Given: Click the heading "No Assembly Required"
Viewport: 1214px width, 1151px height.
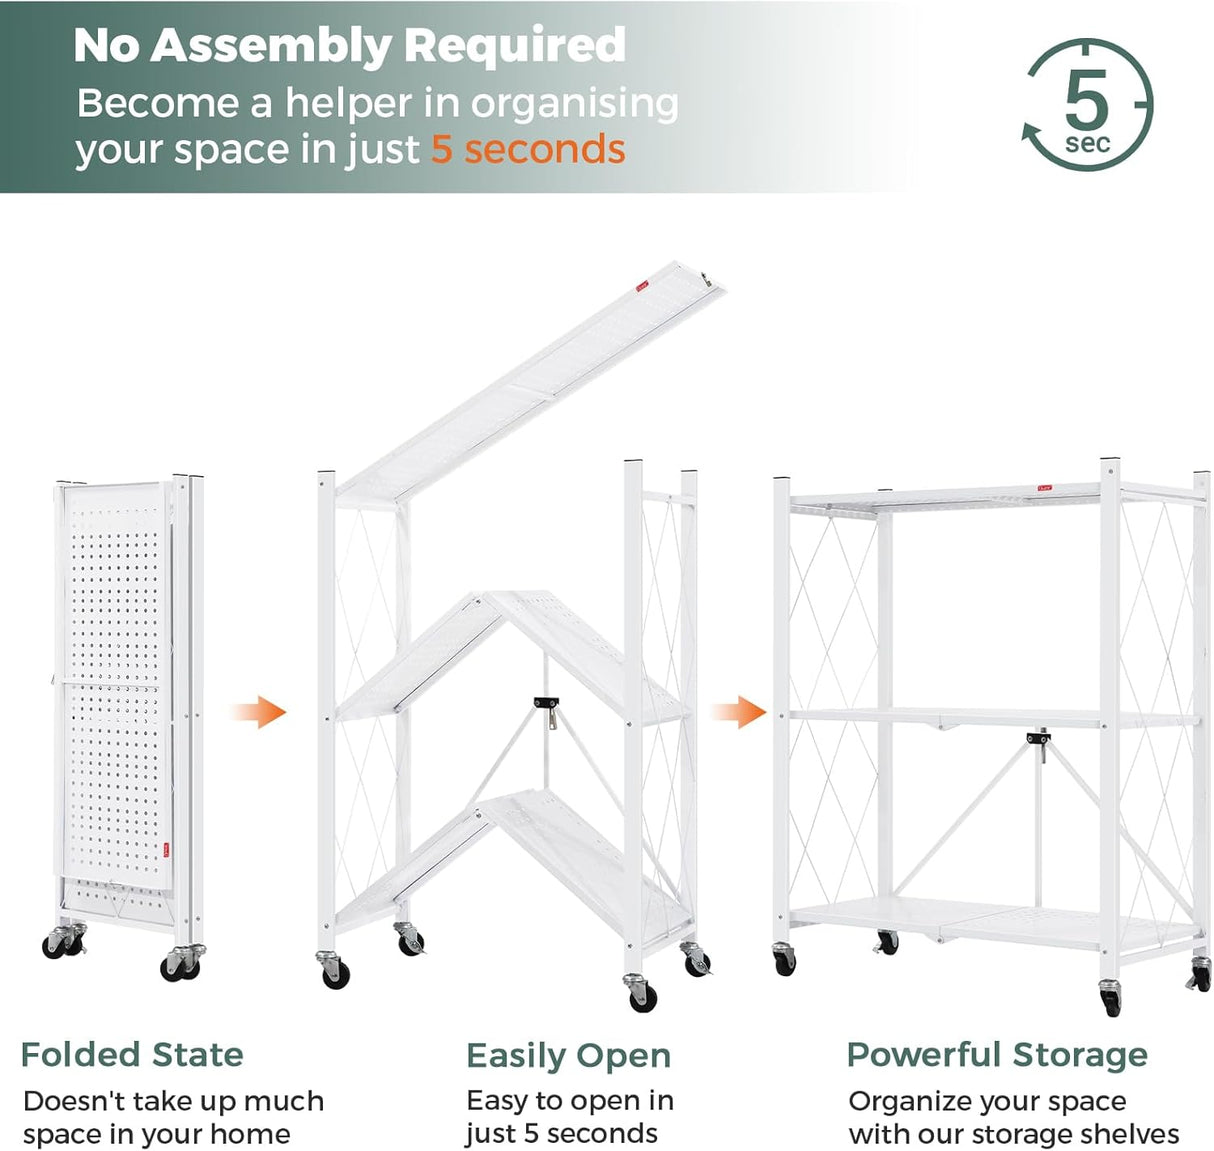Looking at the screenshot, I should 349,46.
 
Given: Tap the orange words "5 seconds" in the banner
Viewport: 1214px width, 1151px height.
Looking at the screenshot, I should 528,150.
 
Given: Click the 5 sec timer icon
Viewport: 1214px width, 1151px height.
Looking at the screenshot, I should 1087,104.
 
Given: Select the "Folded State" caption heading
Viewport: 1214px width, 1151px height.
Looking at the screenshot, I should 132,1055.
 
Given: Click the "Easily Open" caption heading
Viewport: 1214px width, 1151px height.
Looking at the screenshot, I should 568,1056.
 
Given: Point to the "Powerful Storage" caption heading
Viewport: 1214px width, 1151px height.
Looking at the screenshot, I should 997,1055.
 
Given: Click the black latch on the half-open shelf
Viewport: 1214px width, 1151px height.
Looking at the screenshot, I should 546,703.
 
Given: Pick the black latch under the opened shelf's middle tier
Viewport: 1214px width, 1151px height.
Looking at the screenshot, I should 1038,740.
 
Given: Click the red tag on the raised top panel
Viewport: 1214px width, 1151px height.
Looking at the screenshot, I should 642,287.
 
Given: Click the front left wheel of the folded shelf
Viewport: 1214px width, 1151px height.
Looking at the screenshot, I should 56,944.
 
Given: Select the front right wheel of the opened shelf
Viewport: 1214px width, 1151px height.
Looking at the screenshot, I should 1110,998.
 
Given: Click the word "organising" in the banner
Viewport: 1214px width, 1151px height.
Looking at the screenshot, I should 574,104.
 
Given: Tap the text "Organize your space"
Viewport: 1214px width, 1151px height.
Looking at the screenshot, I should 987,1102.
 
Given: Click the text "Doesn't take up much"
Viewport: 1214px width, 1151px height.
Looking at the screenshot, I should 173,1102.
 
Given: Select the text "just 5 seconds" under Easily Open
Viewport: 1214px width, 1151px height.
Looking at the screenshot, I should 561,1134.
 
